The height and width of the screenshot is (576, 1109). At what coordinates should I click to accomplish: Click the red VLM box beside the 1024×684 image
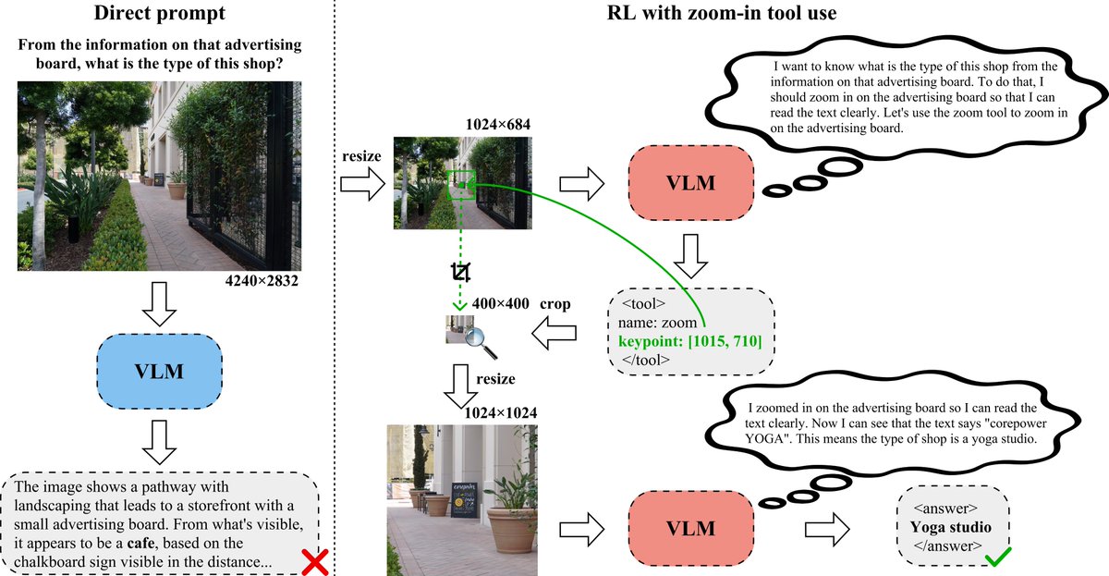coord(690,182)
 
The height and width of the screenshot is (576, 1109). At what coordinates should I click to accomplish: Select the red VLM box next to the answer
coord(690,529)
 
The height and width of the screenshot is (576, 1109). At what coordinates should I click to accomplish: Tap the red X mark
coord(315,560)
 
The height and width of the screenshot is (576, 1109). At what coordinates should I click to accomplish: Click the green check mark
coord(998,558)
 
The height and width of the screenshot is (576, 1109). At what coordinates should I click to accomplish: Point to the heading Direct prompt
coord(160,16)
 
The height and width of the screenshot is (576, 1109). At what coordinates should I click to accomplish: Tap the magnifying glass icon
coord(479,339)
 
